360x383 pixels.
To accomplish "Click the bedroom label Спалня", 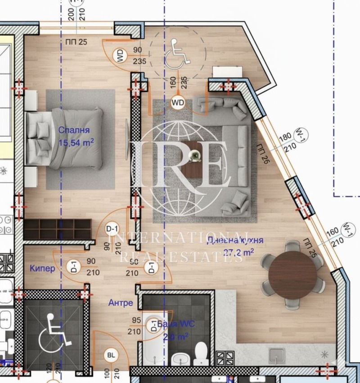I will (x=74, y=130).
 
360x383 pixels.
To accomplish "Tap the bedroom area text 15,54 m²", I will (x=76, y=143).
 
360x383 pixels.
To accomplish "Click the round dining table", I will (x=292, y=275).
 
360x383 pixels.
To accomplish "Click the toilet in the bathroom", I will (x=200, y=354).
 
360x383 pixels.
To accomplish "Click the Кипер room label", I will (x=42, y=269).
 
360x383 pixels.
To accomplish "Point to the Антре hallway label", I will (x=121, y=303).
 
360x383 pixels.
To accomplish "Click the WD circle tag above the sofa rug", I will (x=178, y=103).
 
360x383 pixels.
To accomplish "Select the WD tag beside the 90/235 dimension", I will (x=120, y=56).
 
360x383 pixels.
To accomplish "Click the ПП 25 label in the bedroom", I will (x=76, y=43).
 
